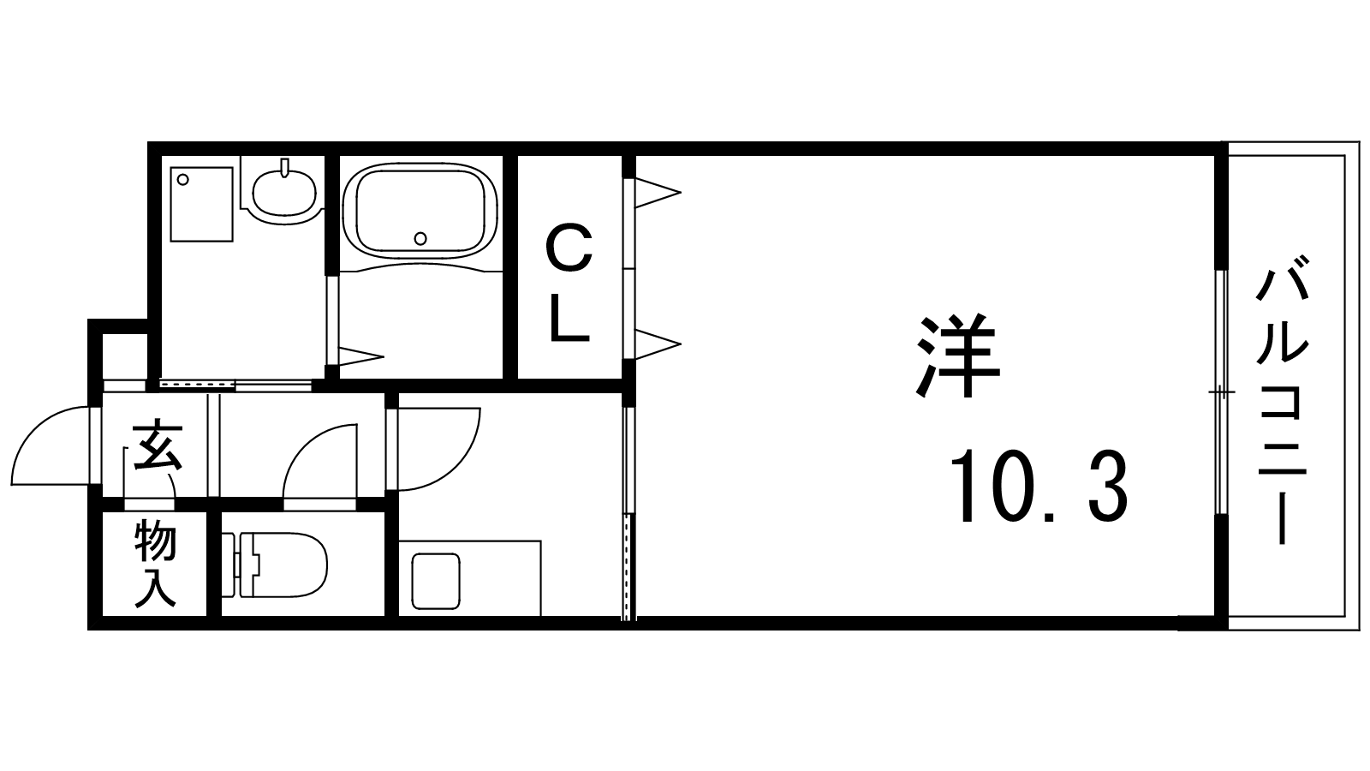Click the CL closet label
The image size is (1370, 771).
point(569,282)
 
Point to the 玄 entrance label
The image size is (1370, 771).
point(157,445)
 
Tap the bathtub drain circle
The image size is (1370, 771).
point(420,237)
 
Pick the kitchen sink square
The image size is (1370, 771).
point(437,580)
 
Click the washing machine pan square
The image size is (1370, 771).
point(202,204)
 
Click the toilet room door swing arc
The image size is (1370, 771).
point(319,463)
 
